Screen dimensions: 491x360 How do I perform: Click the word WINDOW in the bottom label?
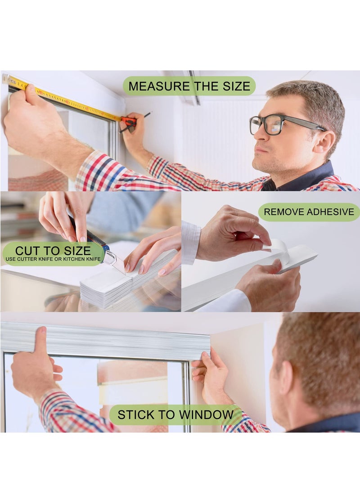tap(208, 414)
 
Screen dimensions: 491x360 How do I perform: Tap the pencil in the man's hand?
tap(135, 122)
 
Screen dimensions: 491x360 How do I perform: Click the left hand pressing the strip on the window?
tap(36, 365)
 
